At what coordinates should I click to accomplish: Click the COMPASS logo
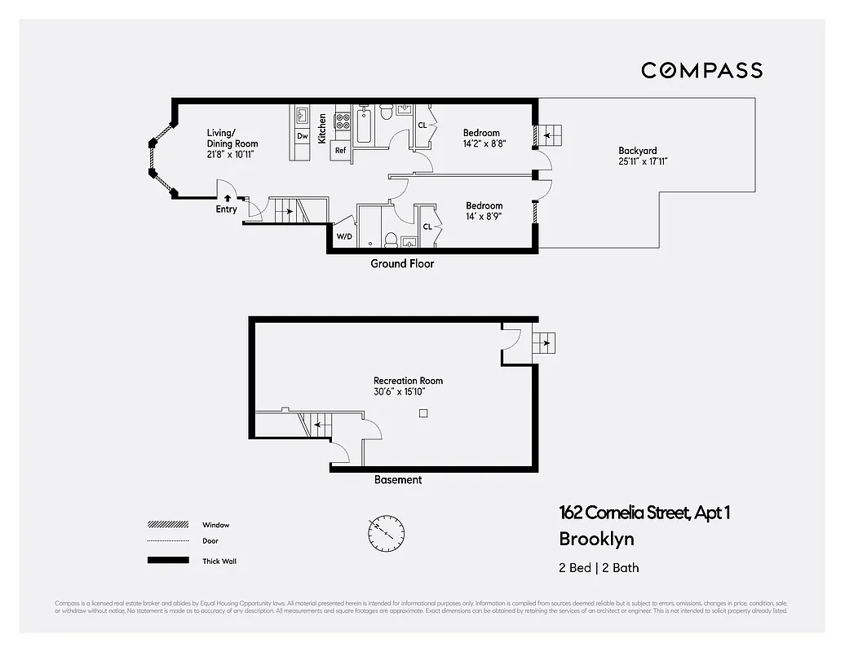pyautogui.click(x=701, y=70)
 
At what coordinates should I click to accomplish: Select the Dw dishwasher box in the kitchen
pyautogui.click(x=302, y=136)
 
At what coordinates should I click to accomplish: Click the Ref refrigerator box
pyautogui.click(x=341, y=150)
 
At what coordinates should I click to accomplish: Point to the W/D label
pyautogui.click(x=345, y=236)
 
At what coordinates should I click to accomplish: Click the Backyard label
pyautogui.click(x=637, y=151)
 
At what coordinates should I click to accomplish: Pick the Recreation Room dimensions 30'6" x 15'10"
pyautogui.click(x=399, y=392)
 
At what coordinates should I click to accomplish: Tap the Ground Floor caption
pyautogui.click(x=402, y=264)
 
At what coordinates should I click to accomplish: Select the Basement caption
pyautogui.click(x=398, y=480)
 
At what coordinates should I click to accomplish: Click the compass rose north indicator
pyautogui.click(x=385, y=533)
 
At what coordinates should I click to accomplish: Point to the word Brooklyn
pyautogui.click(x=595, y=539)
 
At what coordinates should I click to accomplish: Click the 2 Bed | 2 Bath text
pyautogui.click(x=593, y=568)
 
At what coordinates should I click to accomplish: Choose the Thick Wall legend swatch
pyautogui.click(x=167, y=561)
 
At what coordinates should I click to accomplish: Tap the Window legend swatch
pyautogui.click(x=167, y=525)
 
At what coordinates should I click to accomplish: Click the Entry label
pyautogui.click(x=226, y=209)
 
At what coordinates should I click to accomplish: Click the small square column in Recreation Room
pyautogui.click(x=422, y=413)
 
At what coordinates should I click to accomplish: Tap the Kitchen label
pyautogui.click(x=322, y=129)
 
